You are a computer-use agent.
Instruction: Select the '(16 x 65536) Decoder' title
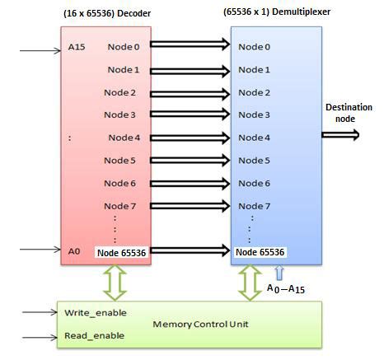[110, 12]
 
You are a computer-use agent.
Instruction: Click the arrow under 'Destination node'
[340, 136]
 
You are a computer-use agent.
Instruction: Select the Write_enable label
[91, 314]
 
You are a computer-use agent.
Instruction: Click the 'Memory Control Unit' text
[196, 324]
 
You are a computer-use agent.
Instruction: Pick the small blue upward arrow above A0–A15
[279, 271]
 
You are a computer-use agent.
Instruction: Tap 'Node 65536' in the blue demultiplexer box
[260, 251]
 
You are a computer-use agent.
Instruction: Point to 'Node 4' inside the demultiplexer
[254, 137]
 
